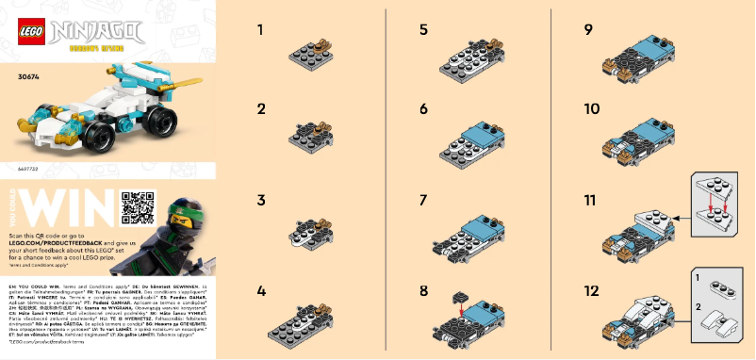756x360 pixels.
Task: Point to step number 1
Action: pyautogui.click(x=260, y=31)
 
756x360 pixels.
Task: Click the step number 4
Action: pyautogui.click(x=261, y=291)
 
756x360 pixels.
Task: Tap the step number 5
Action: pyautogui.click(x=423, y=31)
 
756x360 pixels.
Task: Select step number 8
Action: pyautogui.click(x=424, y=291)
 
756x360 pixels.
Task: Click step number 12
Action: pyautogui.click(x=590, y=291)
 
